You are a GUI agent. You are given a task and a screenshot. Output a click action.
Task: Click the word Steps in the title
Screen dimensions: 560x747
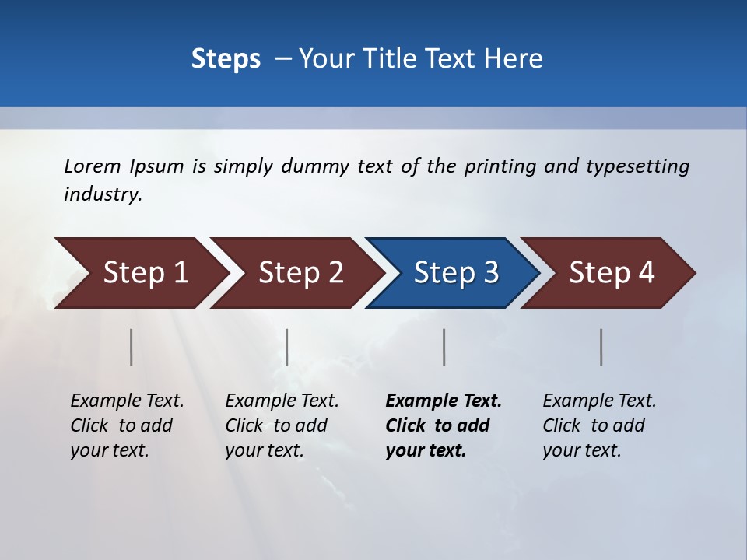click(226, 59)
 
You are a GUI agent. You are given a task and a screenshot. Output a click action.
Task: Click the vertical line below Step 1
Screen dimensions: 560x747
click(132, 347)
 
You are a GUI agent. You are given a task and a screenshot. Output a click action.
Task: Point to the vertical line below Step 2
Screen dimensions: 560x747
click(287, 347)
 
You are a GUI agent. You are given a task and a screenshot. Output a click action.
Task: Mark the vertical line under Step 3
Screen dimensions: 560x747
click(444, 347)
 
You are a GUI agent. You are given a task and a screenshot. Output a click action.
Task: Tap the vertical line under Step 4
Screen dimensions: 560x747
click(601, 347)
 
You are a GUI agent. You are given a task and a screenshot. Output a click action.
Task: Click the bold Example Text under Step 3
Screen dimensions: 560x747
click(443, 425)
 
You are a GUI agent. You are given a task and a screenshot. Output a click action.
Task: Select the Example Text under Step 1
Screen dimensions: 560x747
click(127, 425)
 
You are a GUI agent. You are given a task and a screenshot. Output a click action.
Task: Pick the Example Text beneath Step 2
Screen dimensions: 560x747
click(282, 425)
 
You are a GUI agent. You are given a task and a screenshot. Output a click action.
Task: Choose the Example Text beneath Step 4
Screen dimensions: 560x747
click(599, 425)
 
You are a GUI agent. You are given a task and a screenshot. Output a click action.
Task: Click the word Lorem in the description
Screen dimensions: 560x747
click(93, 166)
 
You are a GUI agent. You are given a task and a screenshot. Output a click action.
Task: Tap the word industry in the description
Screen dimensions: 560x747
click(103, 194)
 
